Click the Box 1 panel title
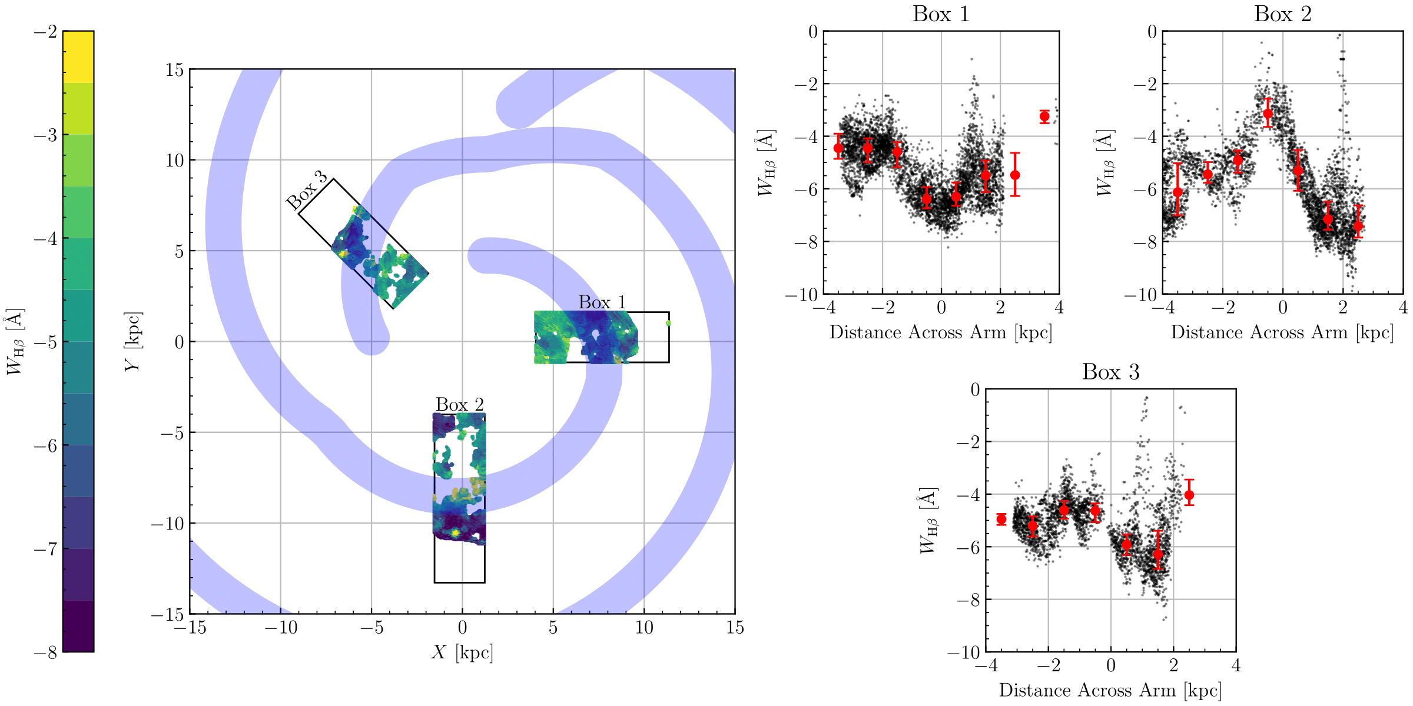coord(941,14)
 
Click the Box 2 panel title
coord(1282,14)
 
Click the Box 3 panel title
coord(1110,372)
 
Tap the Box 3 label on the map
coord(307,191)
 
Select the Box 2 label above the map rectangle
coord(459,405)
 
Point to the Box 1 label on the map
coord(602,302)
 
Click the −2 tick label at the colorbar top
coord(45,32)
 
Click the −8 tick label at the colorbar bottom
coord(45,652)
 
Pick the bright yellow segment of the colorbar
coord(78,56)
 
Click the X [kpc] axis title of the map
coord(462,652)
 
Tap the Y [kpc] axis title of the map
coord(133,342)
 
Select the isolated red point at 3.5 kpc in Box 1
coord(1044,116)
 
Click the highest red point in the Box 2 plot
coord(1268,114)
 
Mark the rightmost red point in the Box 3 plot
coord(1189,495)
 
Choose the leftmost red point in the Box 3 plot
coord(1001,519)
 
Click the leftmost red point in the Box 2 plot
coord(1177,192)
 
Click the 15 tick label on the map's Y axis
coord(174,70)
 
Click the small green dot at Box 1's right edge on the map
coord(668,323)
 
